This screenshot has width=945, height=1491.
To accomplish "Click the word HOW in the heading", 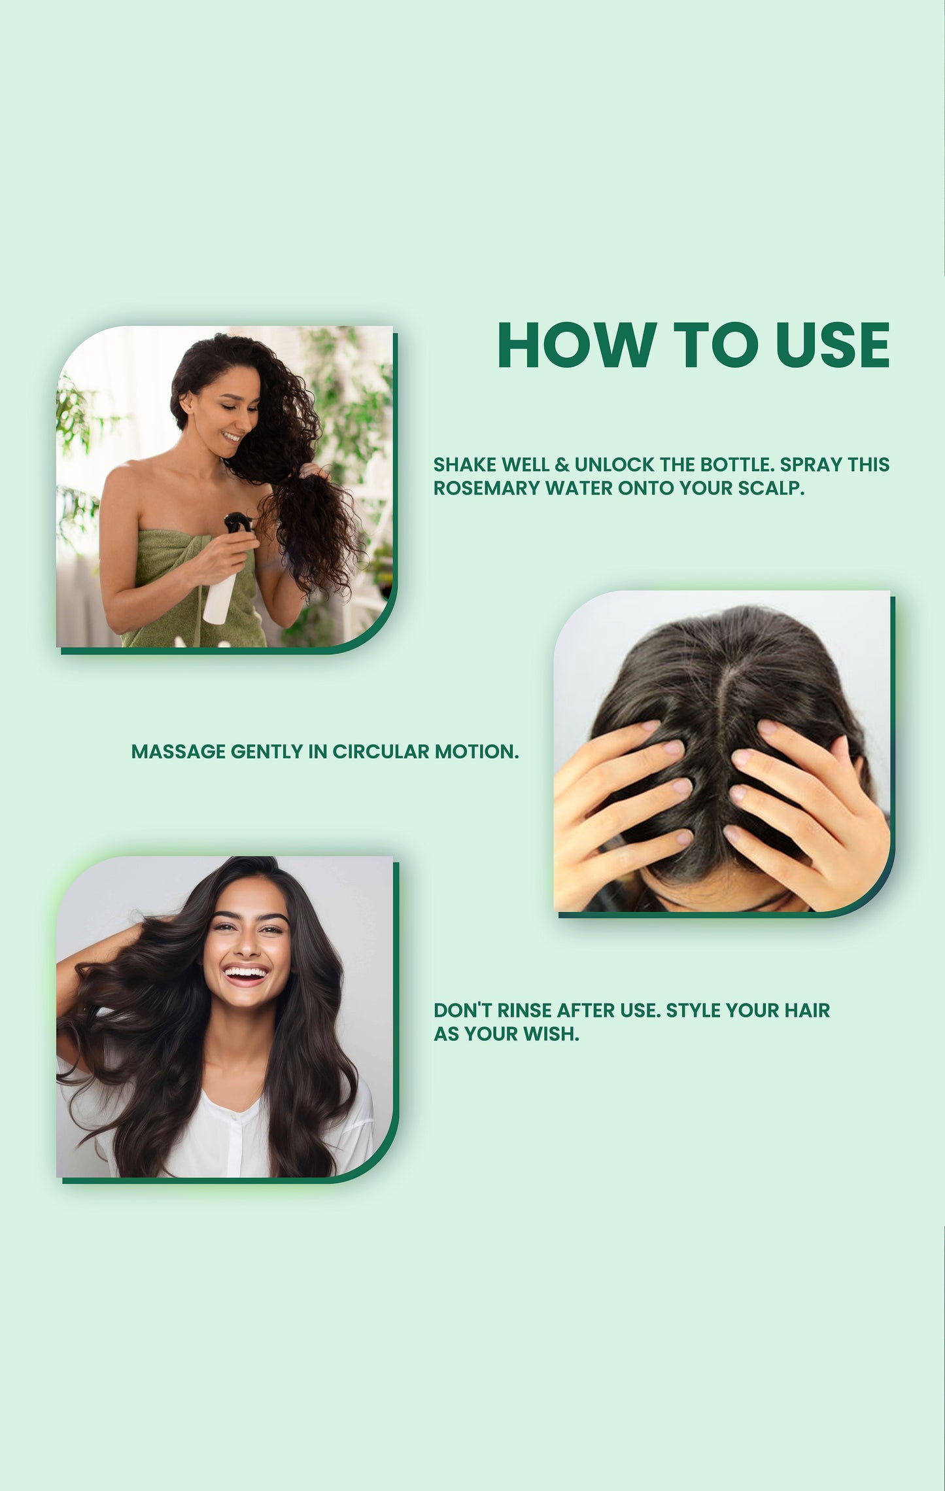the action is click(x=577, y=345).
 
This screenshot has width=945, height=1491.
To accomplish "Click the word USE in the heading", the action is click(x=833, y=345).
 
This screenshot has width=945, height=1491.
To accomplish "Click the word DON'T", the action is click(x=462, y=1010).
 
